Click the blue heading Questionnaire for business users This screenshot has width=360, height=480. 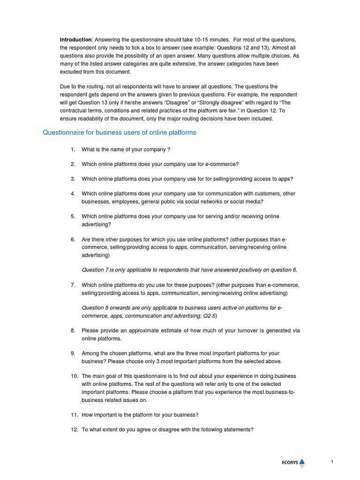[120, 133]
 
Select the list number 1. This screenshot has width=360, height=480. [73, 150]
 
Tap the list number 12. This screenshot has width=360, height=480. [74, 429]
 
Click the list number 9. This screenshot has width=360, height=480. [73, 353]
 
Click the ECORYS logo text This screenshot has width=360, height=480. [286, 463]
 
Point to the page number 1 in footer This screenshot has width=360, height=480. [332, 462]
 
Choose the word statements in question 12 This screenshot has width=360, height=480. [238, 429]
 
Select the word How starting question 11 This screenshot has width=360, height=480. [88, 414]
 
